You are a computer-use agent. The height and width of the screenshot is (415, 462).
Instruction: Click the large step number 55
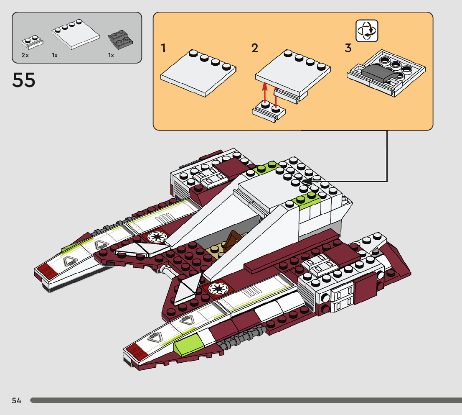(x=24, y=80)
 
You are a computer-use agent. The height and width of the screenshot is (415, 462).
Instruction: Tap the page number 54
(x=17, y=401)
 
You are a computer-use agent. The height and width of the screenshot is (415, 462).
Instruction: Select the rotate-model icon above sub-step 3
(x=367, y=31)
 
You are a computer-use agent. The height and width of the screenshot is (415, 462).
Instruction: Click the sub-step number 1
(x=164, y=49)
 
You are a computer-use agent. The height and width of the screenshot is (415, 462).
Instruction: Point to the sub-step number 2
(x=255, y=49)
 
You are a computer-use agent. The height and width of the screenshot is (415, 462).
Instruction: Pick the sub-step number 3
(x=348, y=49)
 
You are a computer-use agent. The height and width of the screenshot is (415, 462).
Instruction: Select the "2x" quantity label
(x=25, y=55)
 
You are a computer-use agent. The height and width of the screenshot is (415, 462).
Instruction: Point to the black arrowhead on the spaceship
(x=307, y=181)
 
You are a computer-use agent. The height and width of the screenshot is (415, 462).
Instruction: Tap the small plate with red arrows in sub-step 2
(x=269, y=112)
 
